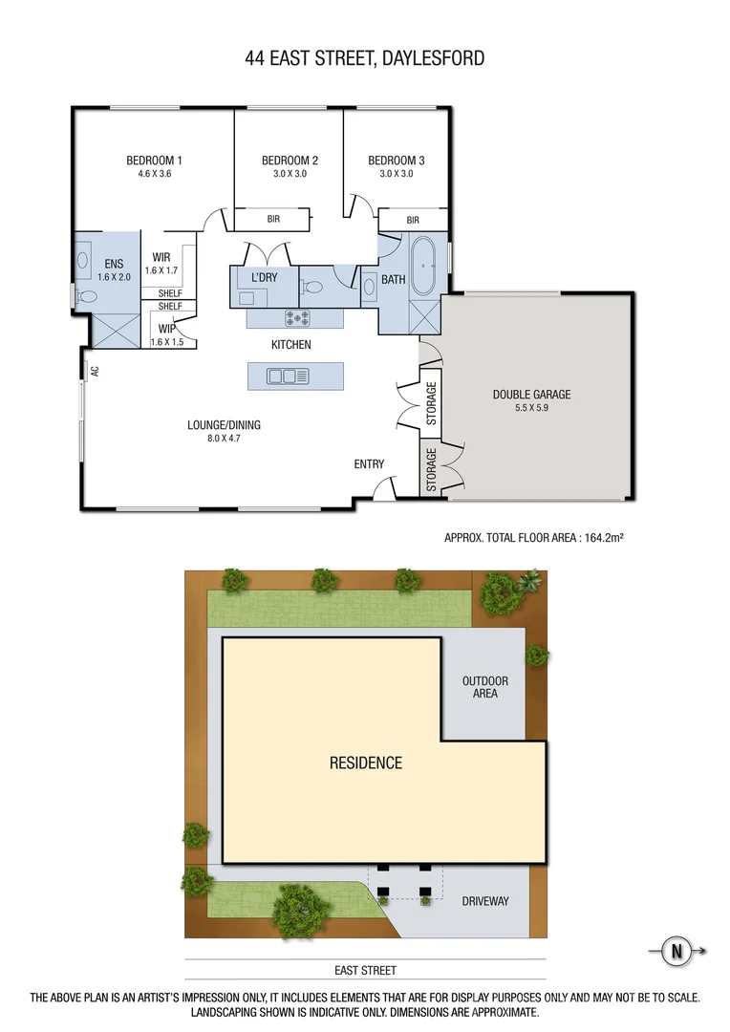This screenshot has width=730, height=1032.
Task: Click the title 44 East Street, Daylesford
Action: (364, 58)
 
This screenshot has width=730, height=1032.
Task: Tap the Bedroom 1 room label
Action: (154, 161)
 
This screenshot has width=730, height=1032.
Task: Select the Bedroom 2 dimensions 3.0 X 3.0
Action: (290, 174)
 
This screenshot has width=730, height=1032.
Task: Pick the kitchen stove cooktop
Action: (296, 317)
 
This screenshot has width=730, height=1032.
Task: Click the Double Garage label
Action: (531, 394)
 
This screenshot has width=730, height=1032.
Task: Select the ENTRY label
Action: (369, 464)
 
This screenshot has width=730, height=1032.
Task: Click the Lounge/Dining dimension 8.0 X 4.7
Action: (224, 440)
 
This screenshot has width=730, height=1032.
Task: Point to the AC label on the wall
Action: (94, 370)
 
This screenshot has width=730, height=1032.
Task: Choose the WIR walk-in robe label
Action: (161, 257)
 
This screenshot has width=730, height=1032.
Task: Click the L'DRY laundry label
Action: (264, 277)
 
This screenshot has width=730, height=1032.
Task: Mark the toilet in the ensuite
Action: (87, 297)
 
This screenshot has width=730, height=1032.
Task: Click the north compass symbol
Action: (677, 951)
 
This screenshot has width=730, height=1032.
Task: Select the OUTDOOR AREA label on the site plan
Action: (485, 687)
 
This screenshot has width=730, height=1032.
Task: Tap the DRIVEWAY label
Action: (485, 901)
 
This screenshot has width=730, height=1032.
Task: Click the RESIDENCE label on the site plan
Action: (366, 763)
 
